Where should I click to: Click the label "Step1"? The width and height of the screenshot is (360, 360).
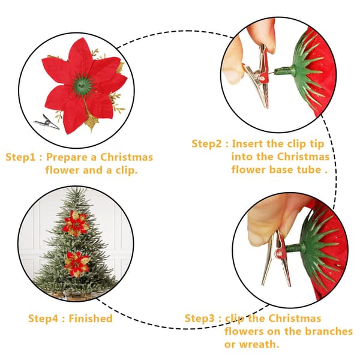pyautogui.click(x=20, y=157)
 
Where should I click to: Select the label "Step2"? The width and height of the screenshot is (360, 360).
pyautogui.click(x=206, y=144)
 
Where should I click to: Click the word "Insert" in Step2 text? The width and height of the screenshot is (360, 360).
pyautogui.click(x=247, y=144)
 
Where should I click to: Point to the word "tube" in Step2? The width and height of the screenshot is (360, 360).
pyautogui.click(x=309, y=170)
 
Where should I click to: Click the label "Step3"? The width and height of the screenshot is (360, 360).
pyautogui.click(x=200, y=319)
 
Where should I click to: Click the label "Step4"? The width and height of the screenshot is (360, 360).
pyautogui.click(x=43, y=319)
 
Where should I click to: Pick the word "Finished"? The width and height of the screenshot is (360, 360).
pyautogui.click(x=91, y=319)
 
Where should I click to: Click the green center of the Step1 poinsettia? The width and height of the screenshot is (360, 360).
pyautogui.click(x=82, y=85)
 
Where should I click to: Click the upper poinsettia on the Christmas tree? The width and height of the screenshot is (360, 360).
pyautogui.click(x=76, y=223)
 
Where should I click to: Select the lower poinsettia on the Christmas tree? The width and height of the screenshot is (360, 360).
pyautogui.click(x=76, y=264)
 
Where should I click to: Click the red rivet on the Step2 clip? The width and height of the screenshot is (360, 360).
pyautogui.click(x=262, y=78)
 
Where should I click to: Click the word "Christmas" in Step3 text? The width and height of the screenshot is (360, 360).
pyautogui.click(x=295, y=319)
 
